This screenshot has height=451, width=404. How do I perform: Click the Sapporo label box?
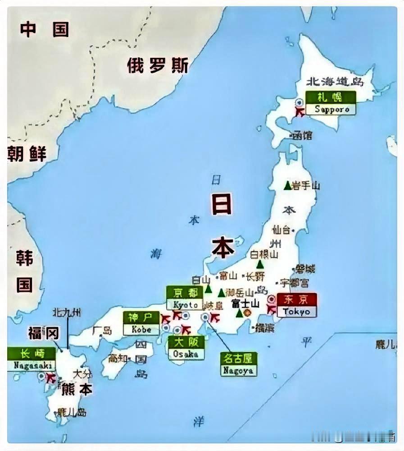[x=331, y=103]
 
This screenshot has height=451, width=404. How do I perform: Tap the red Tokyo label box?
[x=296, y=305]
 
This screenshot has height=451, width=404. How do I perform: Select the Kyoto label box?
[x=184, y=298]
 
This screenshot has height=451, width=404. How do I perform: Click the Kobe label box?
[x=141, y=323]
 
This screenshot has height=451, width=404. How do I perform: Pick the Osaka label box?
[x=186, y=348]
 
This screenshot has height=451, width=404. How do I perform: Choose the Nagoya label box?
[x=238, y=364]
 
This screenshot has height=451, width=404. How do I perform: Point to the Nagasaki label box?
[x=31, y=359]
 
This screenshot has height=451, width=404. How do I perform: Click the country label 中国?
[x=45, y=29]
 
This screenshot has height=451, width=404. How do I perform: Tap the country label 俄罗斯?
[x=157, y=65]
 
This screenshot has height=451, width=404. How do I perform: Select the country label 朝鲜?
[x=27, y=154]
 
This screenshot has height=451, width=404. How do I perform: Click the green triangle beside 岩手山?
[x=287, y=185]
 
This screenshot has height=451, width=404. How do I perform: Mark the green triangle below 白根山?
[x=259, y=265]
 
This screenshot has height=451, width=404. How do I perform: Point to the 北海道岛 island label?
[x=335, y=82]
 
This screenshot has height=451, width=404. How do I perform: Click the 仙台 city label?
[x=282, y=230]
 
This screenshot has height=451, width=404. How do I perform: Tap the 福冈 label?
[x=43, y=333]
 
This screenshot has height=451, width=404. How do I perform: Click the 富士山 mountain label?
[x=245, y=304]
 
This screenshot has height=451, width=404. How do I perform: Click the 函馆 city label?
[x=302, y=135]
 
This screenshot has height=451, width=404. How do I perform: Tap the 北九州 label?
[x=67, y=312]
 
